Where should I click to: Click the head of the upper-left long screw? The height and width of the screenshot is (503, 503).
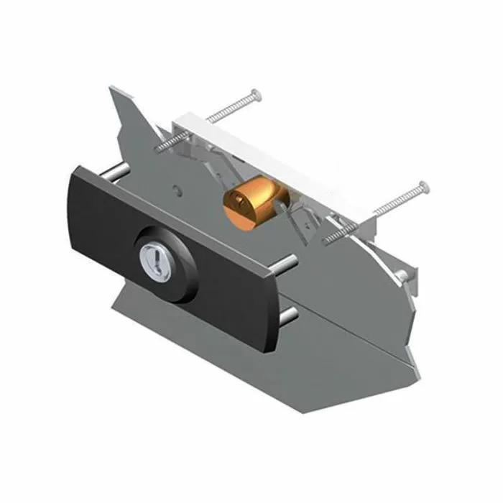click(x=254, y=93)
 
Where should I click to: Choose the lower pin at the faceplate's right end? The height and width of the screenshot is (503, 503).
click(x=291, y=314)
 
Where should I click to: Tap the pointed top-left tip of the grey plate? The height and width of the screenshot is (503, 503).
click(x=112, y=89)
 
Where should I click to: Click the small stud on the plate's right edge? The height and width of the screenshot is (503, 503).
click(x=403, y=276)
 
